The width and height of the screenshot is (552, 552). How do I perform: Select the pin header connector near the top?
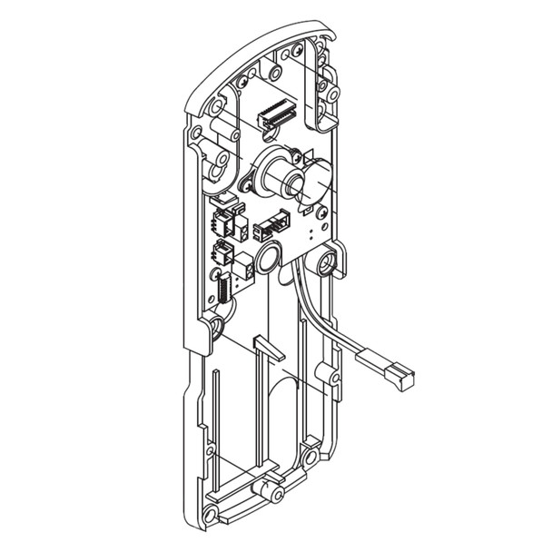click(x=276, y=113)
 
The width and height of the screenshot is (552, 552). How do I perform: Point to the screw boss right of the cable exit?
click(x=327, y=263)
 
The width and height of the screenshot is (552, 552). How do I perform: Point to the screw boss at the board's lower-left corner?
click(x=219, y=324)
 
